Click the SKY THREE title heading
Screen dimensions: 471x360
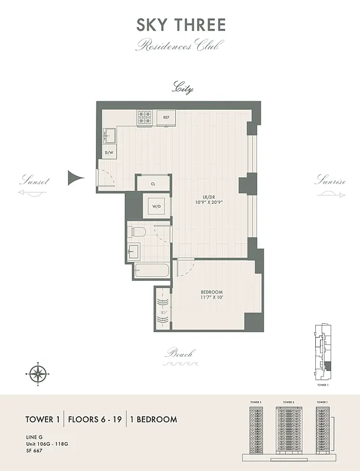[x=180, y=25]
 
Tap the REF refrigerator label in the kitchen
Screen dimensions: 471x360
[x=166, y=117]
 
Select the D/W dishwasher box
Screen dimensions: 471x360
[x=109, y=153]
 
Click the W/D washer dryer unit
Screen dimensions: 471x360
[x=156, y=207]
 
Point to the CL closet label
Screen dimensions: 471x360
[x=153, y=184]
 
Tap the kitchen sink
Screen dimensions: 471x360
[x=109, y=135]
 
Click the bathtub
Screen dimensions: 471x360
[x=151, y=273]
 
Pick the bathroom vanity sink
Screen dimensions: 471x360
[x=134, y=251]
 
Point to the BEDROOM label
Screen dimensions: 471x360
[x=211, y=293]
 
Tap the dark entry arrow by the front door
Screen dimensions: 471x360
[x=76, y=177]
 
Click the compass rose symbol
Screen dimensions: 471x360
[x=38, y=373]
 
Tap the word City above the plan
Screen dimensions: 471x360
[x=182, y=89]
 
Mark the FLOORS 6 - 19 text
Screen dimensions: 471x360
[x=95, y=420]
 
